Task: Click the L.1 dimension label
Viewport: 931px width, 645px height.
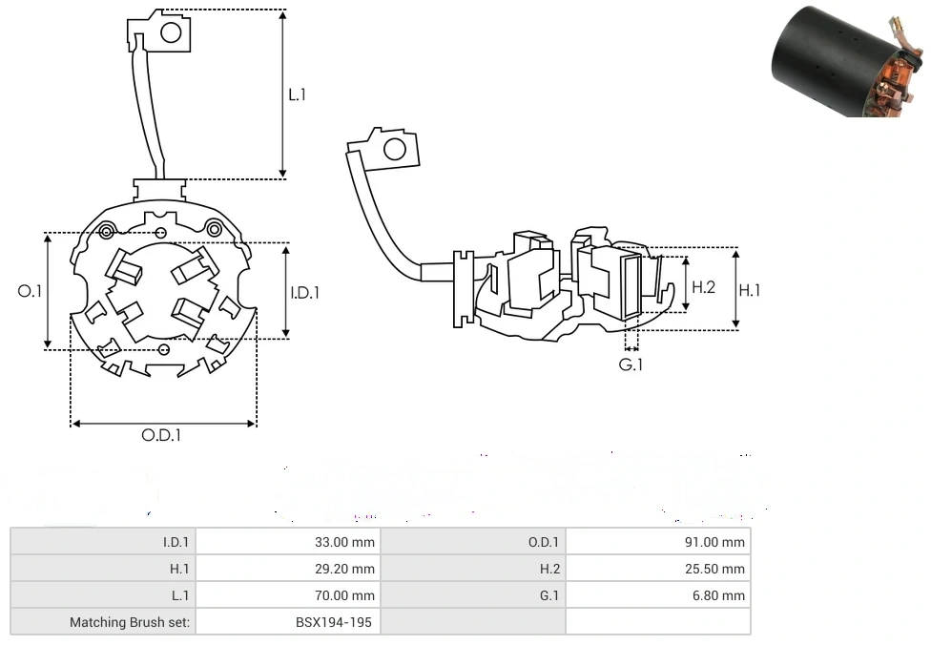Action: (x=298, y=94)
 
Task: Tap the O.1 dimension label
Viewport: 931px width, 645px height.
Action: (x=30, y=291)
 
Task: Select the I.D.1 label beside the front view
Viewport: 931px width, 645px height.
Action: (x=305, y=293)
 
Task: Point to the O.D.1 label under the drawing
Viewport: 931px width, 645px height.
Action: (x=161, y=435)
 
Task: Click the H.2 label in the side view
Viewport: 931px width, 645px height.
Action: (x=703, y=286)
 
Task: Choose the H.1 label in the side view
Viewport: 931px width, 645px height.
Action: (x=751, y=290)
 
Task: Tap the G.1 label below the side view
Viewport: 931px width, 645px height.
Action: (x=631, y=365)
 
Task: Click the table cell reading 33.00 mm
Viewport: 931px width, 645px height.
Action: (x=344, y=542)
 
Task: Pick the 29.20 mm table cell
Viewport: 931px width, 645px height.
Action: (x=344, y=569)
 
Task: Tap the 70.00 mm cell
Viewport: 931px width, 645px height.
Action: (x=344, y=595)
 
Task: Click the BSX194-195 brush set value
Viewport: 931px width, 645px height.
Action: (x=335, y=622)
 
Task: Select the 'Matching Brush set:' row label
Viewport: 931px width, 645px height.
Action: (x=130, y=622)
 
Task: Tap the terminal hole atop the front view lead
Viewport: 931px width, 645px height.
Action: (x=171, y=33)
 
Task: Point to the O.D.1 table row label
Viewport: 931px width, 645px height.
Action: (x=544, y=542)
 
